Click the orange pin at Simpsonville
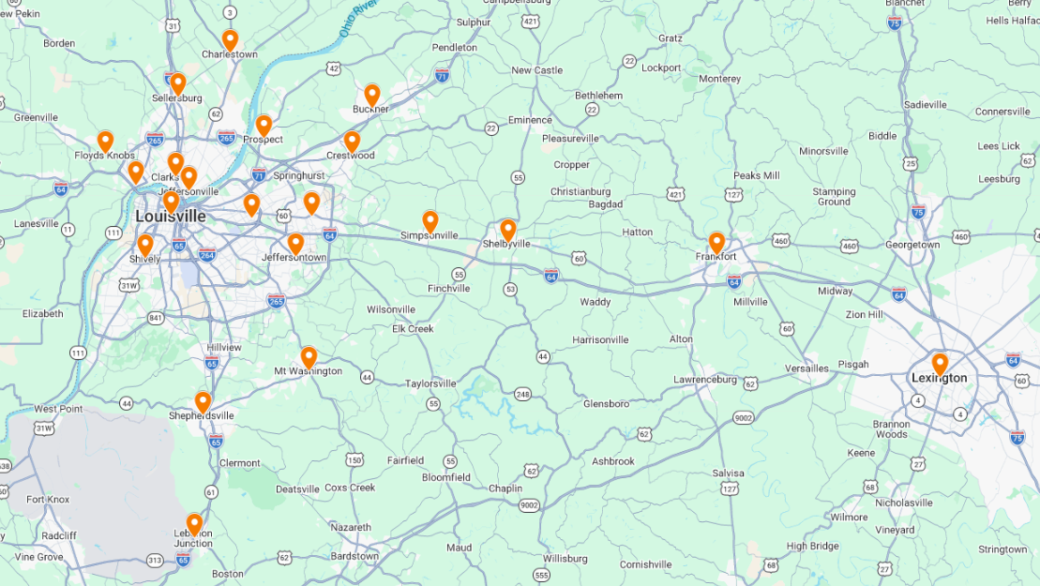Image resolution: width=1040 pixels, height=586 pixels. (x=430, y=221)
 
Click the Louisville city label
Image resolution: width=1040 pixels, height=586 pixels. (x=171, y=217)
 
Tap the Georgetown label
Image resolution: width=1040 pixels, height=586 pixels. (x=912, y=245)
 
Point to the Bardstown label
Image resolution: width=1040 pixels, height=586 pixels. (x=354, y=556)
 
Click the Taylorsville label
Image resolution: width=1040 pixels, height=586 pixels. (x=430, y=383)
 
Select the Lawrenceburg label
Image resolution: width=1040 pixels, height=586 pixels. (x=705, y=380)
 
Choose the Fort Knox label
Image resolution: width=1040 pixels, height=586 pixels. (x=48, y=500)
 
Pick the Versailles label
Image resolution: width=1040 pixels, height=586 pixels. (x=807, y=368)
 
